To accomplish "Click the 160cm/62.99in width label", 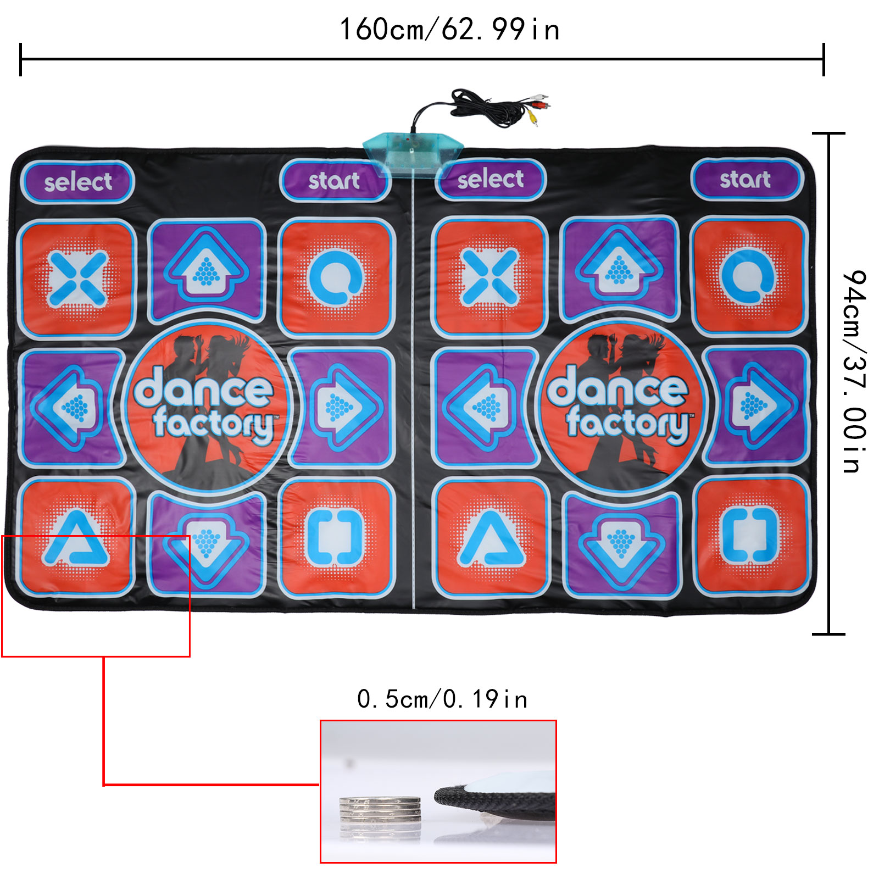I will click(x=449, y=29).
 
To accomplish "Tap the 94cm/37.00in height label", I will click(x=854, y=371).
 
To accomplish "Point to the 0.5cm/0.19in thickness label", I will click(x=442, y=699).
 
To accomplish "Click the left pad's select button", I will click(x=77, y=182).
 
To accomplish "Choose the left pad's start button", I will click(x=334, y=180).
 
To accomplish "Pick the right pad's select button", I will click(x=490, y=179).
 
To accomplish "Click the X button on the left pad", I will click(x=77, y=279).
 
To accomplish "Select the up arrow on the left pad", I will click(x=207, y=269).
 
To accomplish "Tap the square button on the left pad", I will click(x=335, y=537).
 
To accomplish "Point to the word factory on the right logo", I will click(x=628, y=423).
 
